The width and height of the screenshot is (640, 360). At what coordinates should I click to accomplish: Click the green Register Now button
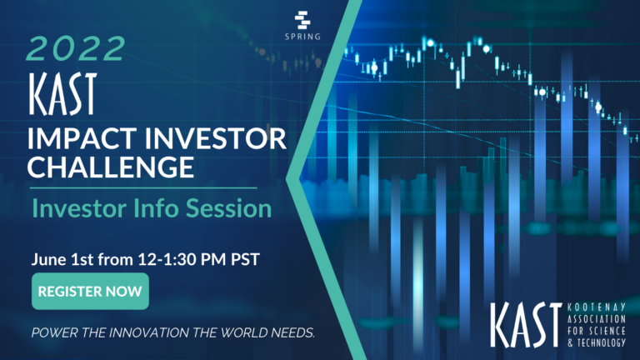coord(90,291)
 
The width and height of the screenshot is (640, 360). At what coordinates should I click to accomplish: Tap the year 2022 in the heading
coord(76,49)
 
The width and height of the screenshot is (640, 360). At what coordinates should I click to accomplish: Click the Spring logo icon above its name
coord(302,20)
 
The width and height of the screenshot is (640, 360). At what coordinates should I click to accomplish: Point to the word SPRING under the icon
coord(302,37)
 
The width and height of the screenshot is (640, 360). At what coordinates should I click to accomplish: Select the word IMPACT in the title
coord(82,138)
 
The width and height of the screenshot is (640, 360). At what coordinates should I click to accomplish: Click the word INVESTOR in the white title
coord(216,138)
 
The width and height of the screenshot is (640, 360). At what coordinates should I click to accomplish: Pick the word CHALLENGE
coord(111,167)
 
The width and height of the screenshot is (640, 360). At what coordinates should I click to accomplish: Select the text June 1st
coord(62,259)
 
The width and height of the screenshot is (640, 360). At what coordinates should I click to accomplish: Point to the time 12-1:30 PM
coord(182,259)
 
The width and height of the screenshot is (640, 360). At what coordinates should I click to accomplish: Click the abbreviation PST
coord(245,259)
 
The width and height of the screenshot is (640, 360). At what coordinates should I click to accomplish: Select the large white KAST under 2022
coord(62,94)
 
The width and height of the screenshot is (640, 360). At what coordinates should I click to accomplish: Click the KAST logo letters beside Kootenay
coord(527,325)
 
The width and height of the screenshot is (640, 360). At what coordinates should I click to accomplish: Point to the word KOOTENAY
coord(597,307)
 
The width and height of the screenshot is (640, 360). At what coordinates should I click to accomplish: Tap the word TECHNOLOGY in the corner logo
coord(601,342)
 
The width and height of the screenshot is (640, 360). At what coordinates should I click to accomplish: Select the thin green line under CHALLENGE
coord(143,188)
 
